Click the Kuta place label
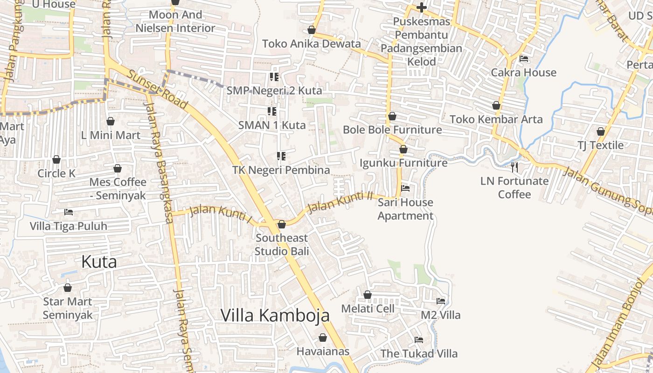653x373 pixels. (99, 262)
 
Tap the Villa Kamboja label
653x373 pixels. (275, 316)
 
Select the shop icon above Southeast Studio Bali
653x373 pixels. (282, 225)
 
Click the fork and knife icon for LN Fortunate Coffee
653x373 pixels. (514, 167)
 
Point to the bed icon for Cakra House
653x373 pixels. (524, 59)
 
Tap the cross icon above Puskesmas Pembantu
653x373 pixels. (422, 7)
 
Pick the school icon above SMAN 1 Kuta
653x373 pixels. (272, 111)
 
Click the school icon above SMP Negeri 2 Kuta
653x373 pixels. (274, 76)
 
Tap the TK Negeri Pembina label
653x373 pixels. (281, 170)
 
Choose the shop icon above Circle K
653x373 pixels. (56, 159)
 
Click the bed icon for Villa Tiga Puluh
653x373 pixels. (69, 212)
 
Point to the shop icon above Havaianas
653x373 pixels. (323, 338)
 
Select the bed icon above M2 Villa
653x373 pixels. (441, 301)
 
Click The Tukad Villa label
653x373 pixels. (419, 354)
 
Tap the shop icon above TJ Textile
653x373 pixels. (601, 131)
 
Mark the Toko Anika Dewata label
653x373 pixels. (311, 44)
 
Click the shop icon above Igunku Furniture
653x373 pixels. (403, 149)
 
